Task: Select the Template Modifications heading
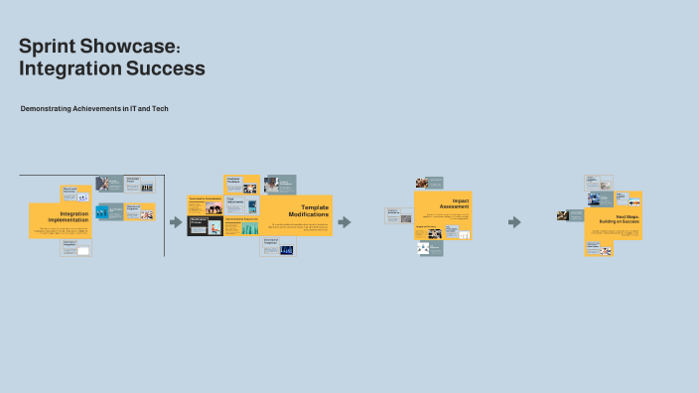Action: pos(308,211)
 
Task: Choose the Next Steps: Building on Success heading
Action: pos(618,219)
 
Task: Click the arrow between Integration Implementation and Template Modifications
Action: pos(176,222)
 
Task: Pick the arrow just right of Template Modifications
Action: pos(344,222)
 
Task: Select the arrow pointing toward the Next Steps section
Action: pos(514,222)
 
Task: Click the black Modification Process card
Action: pos(205,226)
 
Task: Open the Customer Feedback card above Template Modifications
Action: pos(241,184)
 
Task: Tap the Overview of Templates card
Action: pos(278,246)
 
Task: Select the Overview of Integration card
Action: pos(75,248)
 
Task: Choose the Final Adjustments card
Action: pos(242,204)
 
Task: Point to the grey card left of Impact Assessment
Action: pos(398,213)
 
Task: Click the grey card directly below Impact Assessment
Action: pos(429,249)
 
